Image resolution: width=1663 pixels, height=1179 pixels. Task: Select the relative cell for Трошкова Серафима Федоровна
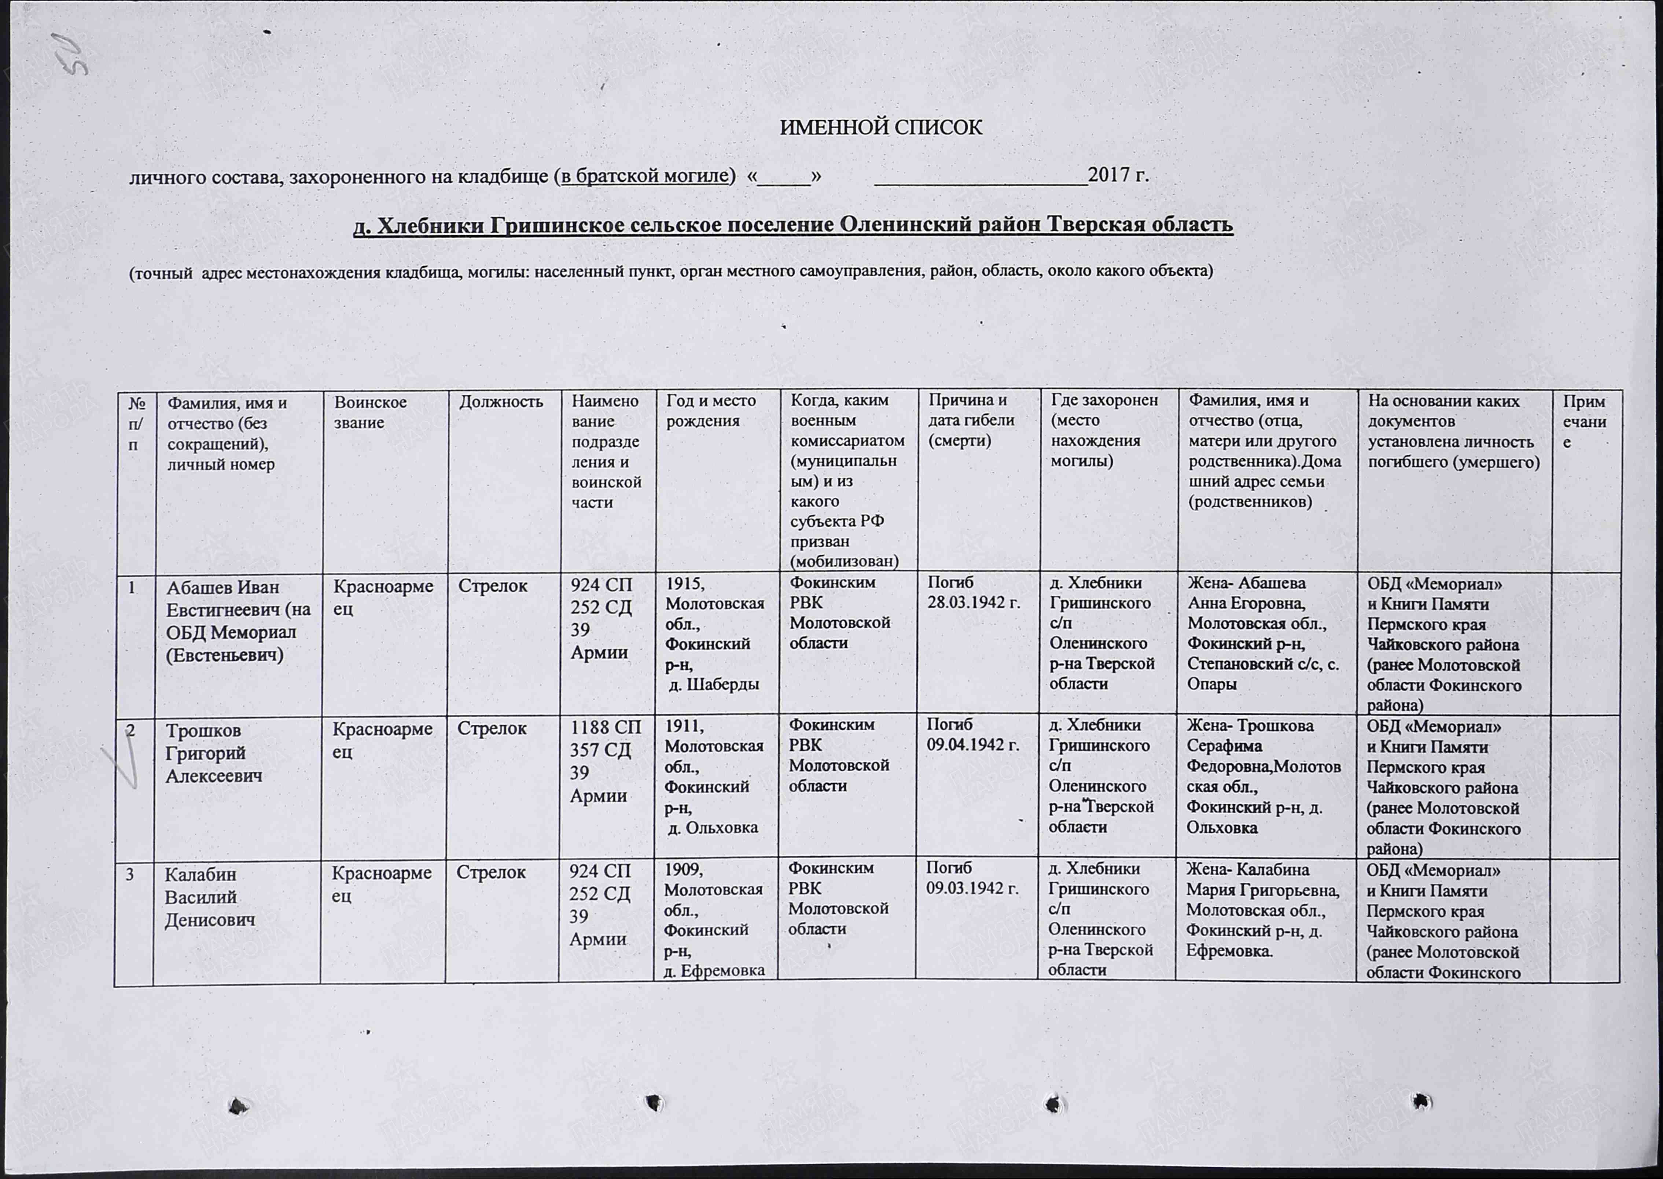(x=1264, y=776)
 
